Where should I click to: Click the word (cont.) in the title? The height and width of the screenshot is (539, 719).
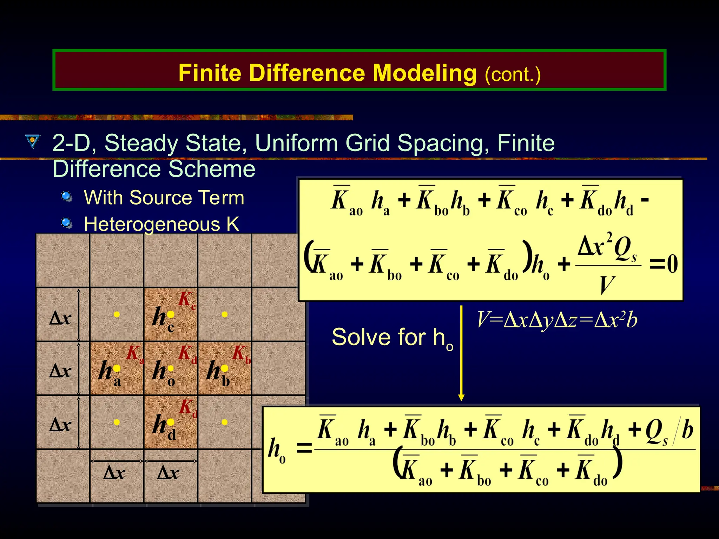(513, 74)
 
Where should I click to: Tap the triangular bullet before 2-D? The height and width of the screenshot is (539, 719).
(33, 142)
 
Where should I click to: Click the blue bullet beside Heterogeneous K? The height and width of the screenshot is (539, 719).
(66, 223)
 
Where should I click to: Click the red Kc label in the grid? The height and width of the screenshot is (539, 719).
(186, 300)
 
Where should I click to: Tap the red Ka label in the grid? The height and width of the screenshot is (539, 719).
(134, 354)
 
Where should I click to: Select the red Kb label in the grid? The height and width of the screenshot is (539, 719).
(241, 354)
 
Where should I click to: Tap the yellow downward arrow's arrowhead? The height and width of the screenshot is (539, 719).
(461, 397)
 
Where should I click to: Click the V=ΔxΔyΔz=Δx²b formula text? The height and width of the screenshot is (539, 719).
(556, 320)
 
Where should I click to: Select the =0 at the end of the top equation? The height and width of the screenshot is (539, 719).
(663, 264)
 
